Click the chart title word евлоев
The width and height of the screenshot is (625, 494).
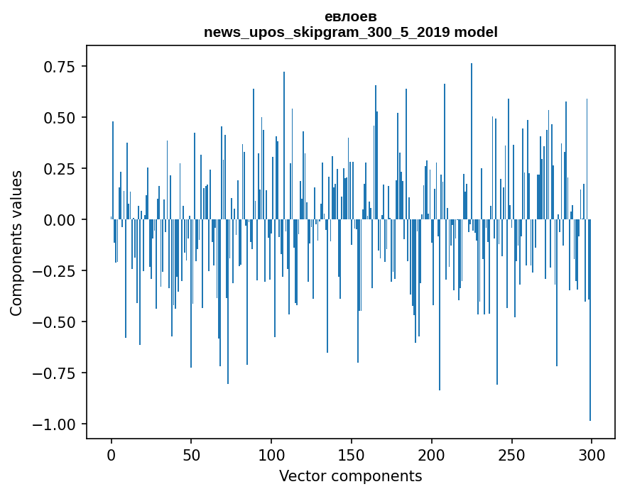click(350, 16)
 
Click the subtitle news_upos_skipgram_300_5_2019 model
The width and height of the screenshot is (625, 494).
click(350, 32)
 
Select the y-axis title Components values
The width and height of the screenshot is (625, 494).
click(16, 243)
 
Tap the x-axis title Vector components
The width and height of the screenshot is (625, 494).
click(350, 476)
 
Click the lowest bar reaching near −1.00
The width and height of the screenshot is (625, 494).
click(590, 355)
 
